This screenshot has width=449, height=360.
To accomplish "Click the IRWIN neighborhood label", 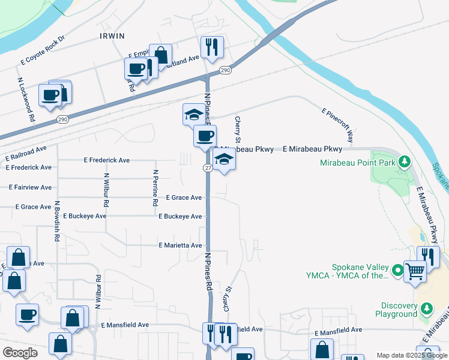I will click(x=112, y=36).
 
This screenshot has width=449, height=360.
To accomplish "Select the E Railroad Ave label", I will click(x=26, y=153).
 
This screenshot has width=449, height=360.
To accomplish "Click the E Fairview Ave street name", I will click(x=29, y=187).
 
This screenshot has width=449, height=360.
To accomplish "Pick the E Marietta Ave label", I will click(x=180, y=245).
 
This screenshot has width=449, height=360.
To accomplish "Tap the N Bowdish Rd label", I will click(x=57, y=221).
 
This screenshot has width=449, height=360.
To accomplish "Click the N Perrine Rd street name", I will click(x=155, y=188).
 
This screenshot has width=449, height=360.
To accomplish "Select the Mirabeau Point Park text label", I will click(x=358, y=162).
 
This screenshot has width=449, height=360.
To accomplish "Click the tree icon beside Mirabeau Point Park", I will click(x=405, y=161).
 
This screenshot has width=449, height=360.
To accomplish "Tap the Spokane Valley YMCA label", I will click(x=358, y=272).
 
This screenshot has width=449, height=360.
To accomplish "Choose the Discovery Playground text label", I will click(x=396, y=310).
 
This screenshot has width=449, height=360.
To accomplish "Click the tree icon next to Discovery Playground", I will click(x=427, y=308).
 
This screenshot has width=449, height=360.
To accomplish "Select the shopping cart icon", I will click(x=415, y=271).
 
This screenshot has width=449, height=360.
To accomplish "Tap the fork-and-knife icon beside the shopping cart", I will click(x=429, y=257).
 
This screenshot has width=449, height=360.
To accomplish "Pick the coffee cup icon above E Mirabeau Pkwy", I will click(x=205, y=136).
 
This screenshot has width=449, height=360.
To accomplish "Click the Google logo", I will click(x=20, y=353).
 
